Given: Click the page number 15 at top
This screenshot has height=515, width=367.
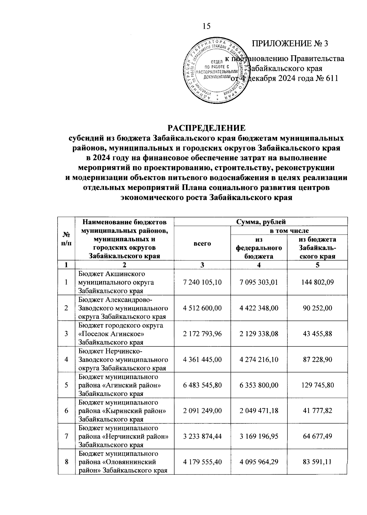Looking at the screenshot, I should click(206, 26).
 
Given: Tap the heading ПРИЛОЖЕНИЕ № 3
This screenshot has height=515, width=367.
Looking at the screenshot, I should click(290, 44).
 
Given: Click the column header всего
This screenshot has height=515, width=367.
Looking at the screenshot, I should click(202, 243).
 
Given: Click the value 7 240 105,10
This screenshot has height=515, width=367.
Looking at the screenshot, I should click(202, 282).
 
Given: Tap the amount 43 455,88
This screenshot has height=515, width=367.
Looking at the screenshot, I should click(317, 334).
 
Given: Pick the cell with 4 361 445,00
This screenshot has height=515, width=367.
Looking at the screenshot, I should click(202, 359).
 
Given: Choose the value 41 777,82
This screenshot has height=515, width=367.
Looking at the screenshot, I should click(317, 411).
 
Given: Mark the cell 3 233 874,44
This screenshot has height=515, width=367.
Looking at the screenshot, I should click(202, 436).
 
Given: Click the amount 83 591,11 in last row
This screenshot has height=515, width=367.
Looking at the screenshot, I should click(317, 462).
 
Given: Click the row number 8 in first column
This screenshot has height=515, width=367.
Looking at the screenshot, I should click(66, 462).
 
